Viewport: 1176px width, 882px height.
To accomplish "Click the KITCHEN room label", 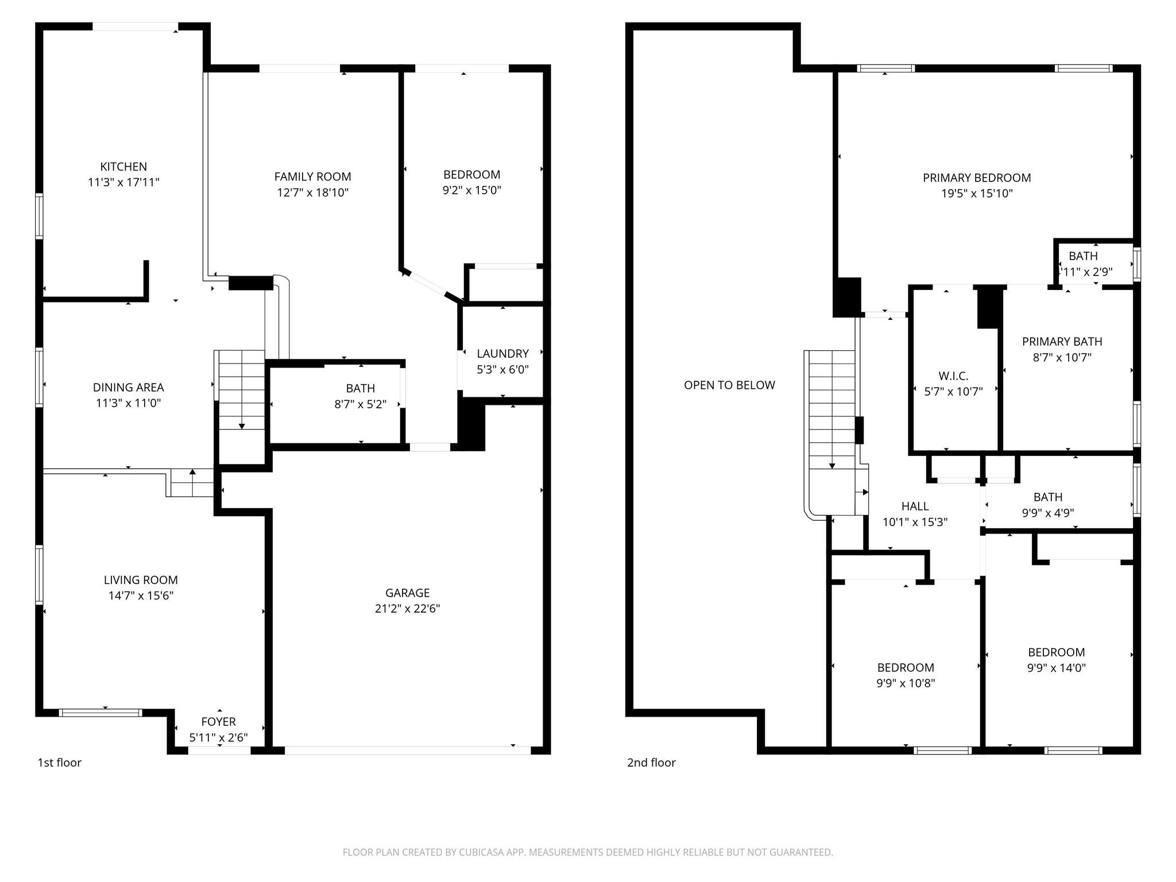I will coord(123,167).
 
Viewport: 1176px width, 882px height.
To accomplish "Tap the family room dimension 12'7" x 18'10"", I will coord(313,192).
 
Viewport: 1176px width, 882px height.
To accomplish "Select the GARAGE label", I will coord(407,593).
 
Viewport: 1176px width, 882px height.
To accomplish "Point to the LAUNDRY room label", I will coord(502,354).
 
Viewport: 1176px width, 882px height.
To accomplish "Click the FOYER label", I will coord(218,722).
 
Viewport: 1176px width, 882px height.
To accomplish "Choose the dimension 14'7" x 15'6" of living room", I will coord(141,595).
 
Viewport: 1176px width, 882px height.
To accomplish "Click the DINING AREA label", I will coord(128,388).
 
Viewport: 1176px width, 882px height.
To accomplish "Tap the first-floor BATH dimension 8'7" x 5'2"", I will coord(360,404).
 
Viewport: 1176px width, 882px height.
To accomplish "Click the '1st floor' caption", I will coord(60,763).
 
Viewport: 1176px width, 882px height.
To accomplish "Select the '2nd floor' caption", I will coord(651,763).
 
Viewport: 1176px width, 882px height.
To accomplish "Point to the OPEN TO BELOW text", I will coord(729,385).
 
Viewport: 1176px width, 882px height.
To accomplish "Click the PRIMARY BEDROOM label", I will coord(977,178).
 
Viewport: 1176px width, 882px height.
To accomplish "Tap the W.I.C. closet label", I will coord(953,376).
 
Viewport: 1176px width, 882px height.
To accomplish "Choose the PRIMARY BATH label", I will coord(1062,342).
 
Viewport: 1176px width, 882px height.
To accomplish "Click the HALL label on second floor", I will coord(915,506).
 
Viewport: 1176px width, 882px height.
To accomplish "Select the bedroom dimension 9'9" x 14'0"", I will coord(1056,668).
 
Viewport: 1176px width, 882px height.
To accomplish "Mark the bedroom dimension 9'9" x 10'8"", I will coord(906,683).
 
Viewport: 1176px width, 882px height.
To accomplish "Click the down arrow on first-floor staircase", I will coord(242,425).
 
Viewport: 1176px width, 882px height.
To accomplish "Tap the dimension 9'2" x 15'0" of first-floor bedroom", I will coord(471,190).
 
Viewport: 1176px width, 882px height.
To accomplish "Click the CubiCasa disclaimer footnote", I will coord(587,852).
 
